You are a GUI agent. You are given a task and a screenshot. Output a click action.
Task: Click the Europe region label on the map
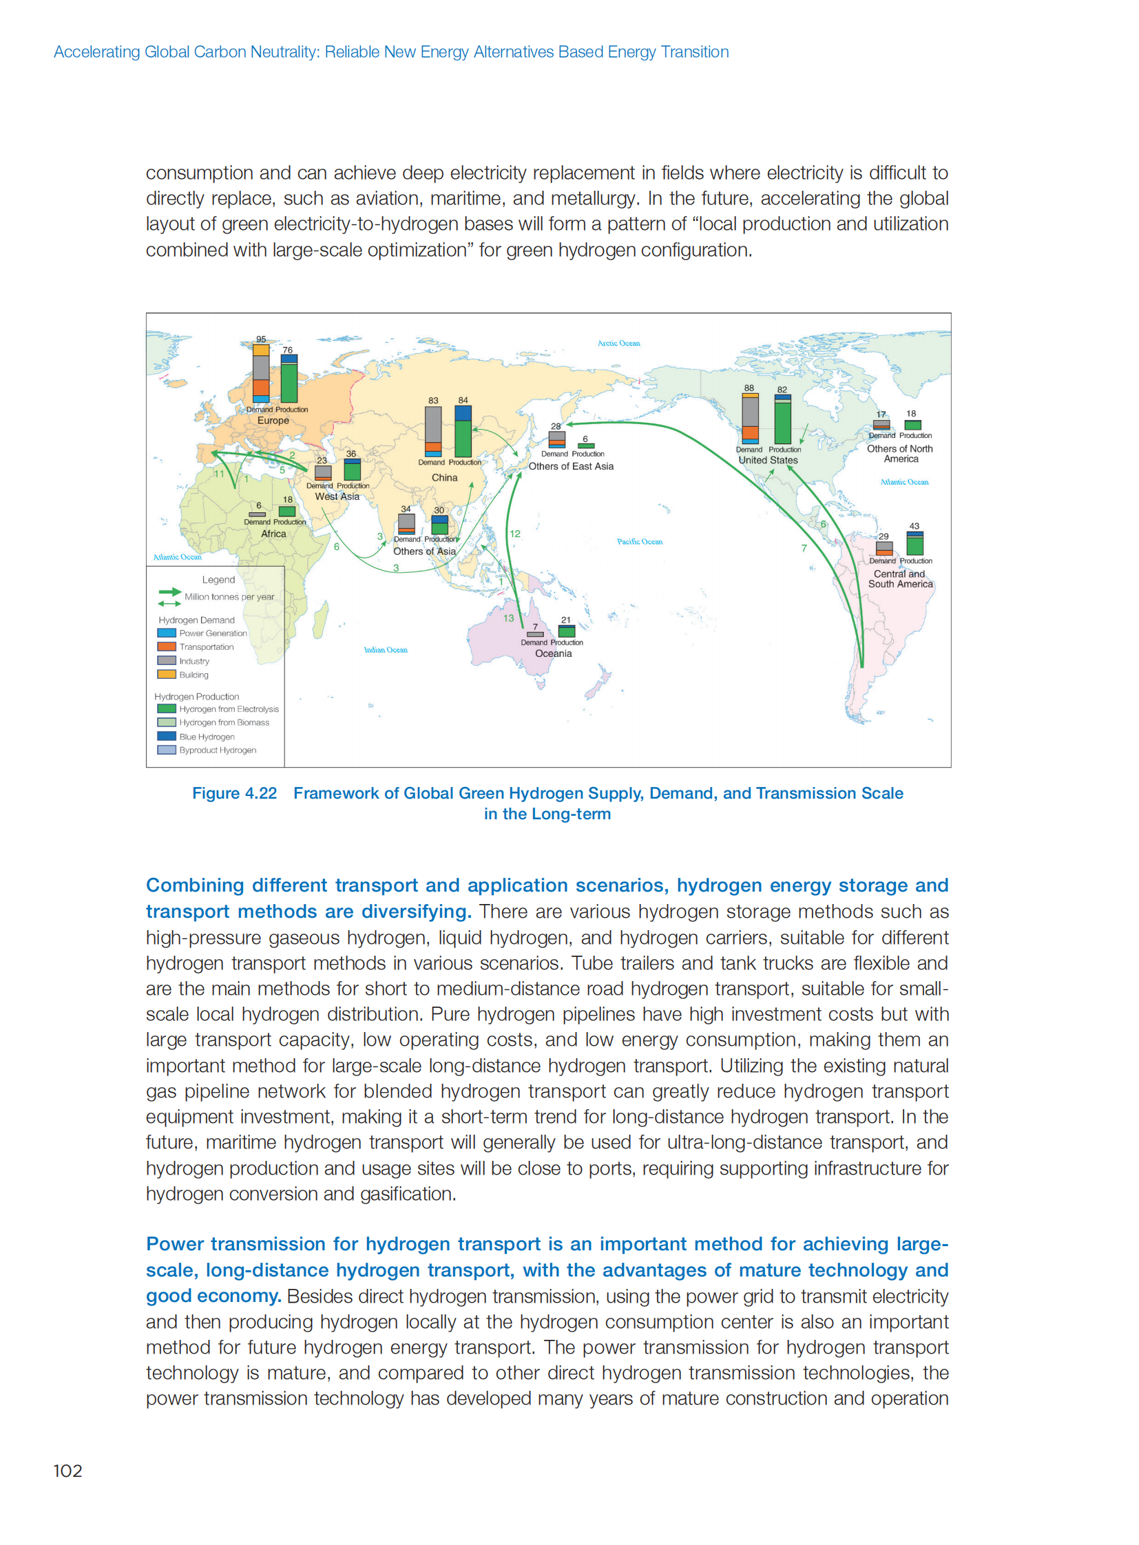273,421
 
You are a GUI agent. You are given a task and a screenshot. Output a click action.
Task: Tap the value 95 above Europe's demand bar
260,339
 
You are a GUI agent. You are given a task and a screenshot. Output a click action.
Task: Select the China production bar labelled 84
463,431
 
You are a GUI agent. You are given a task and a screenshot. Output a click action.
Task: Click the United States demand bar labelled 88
750,419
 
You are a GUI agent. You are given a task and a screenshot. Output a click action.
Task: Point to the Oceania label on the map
553,653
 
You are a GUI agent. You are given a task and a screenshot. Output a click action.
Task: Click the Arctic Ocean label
618,344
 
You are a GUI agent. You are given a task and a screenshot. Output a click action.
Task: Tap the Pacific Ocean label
639,542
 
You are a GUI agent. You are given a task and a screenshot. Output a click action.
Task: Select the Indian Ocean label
386,650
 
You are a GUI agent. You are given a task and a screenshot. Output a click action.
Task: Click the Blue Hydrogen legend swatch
166,736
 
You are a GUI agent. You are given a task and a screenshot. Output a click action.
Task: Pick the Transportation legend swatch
166,647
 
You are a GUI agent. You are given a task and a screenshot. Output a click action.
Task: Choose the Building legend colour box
166,674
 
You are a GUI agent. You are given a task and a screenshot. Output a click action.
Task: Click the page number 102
67,1471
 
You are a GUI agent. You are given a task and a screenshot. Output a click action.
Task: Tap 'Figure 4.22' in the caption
234,794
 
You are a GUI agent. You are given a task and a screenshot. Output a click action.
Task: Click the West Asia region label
337,496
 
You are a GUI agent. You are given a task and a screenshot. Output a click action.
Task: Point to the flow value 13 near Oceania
509,618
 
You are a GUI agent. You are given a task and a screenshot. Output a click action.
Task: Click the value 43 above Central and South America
915,526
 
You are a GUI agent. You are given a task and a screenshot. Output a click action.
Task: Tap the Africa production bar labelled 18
287,512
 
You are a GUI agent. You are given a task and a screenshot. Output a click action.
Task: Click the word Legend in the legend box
218,580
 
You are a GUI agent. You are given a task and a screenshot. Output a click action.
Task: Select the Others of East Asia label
571,467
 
